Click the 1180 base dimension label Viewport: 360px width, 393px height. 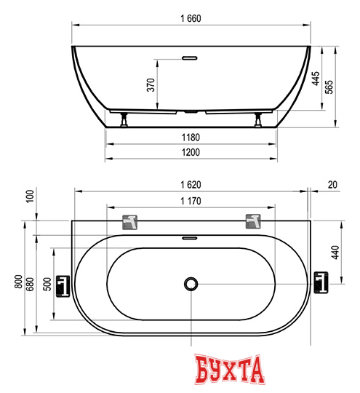pyautogui.click(x=191, y=137)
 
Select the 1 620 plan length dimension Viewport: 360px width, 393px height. pyautogui.click(x=191, y=186)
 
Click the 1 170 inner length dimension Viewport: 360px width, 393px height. pyautogui.click(x=191, y=202)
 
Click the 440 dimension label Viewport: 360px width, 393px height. pyautogui.click(x=335, y=253)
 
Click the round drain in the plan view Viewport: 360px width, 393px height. pyautogui.click(x=191, y=284)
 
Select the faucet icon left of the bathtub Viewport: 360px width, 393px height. pyautogui.click(x=63, y=284)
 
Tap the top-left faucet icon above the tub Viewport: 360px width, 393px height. pyautogui.click(x=130, y=220)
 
